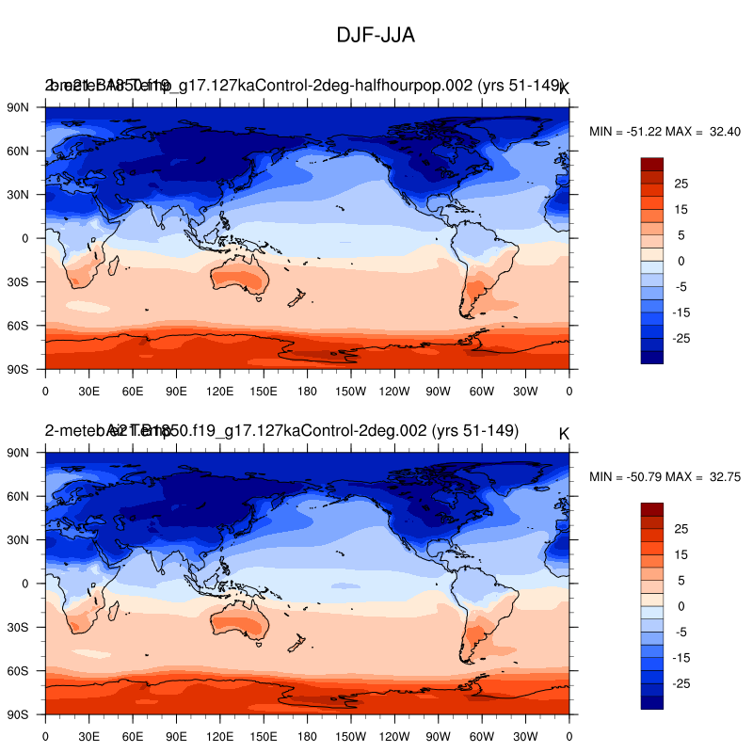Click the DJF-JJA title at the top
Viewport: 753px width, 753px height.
[x=376, y=36]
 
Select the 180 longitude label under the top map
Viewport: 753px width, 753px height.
[x=307, y=390]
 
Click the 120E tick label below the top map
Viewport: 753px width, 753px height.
[x=219, y=390]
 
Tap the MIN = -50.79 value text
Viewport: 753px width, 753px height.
[x=627, y=477]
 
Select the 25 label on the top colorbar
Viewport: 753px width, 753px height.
[x=681, y=183]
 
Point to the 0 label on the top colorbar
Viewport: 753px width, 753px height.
[x=681, y=261]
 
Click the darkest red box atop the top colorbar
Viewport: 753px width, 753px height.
[x=652, y=164]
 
